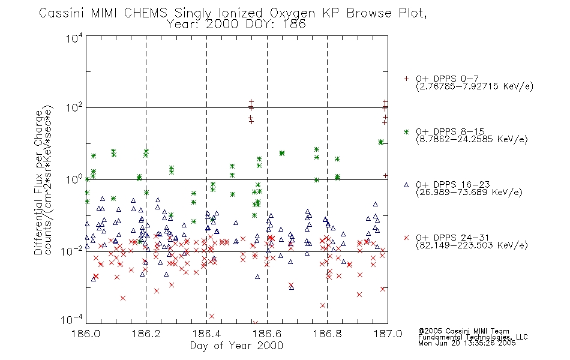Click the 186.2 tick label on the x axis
pos(146,334)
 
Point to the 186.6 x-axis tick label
pos(267,334)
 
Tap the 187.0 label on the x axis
pos(388,334)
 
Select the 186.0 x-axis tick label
pos(86,334)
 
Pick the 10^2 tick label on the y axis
pos(74,108)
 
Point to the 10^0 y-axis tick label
pos(74,179)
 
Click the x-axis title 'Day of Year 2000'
pos(236,346)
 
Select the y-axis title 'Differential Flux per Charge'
pos(38,182)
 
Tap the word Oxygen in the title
pos(292,13)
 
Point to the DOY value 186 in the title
pos(296,25)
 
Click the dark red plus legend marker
pos(406,79)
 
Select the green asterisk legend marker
pos(406,131)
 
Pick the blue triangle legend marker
pos(406,185)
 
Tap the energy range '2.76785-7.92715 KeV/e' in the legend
pos(475,86)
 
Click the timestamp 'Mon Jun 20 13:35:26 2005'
pos(467,343)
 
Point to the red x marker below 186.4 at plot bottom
pos(212,316)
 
